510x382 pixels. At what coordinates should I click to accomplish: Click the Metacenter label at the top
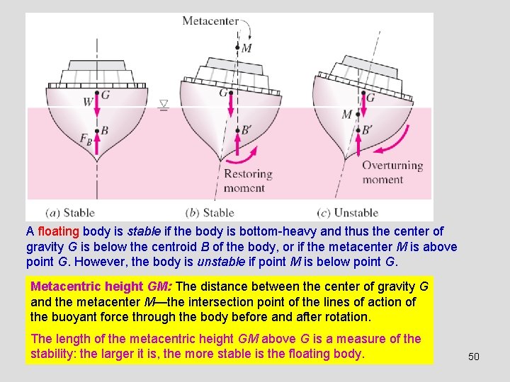pyautogui.click(x=210, y=21)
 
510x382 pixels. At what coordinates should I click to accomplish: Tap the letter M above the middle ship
pyautogui.click(x=246, y=48)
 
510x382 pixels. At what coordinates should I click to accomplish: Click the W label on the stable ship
pyautogui.click(x=88, y=102)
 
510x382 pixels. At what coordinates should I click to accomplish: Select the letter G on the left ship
pyautogui.click(x=105, y=94)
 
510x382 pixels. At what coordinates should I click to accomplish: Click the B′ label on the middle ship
pyautogui.click(x=247, y=130)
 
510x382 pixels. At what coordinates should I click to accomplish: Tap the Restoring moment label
pyautogui.click(x=247, y=181)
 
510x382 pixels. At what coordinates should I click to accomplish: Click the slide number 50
pyautogui.click(x=474, y=357)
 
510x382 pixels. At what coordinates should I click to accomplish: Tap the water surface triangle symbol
pyautogui.click(x=164, y=105)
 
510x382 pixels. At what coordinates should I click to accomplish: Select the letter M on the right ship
pyautogui.click(x=346, y=115)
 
